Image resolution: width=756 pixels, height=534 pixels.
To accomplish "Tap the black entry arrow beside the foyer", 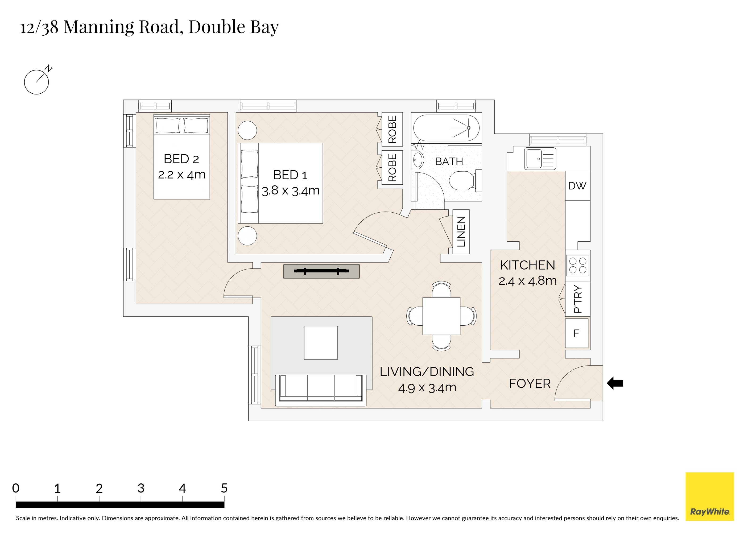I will [615, 383].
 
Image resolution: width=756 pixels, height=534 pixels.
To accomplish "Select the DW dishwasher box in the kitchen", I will [577, 186].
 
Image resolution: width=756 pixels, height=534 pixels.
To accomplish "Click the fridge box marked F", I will [577, 333].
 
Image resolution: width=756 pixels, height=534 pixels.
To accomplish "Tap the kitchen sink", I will [540, 159].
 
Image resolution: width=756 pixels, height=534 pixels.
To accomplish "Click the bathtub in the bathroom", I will [446, 128].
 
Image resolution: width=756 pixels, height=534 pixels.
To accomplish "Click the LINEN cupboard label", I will [461, 232].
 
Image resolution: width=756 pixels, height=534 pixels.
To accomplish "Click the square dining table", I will [441, 316].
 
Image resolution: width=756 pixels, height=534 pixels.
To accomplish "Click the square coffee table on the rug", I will [321, 343].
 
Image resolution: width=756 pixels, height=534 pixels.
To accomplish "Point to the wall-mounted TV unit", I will [321, 271].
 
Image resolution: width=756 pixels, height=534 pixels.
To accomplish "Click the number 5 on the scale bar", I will [224, 488].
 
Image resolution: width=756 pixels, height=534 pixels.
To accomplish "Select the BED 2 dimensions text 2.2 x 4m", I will [181, 175].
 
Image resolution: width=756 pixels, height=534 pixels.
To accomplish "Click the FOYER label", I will [530, 384].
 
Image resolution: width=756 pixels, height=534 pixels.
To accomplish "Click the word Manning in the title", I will [98, 27].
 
